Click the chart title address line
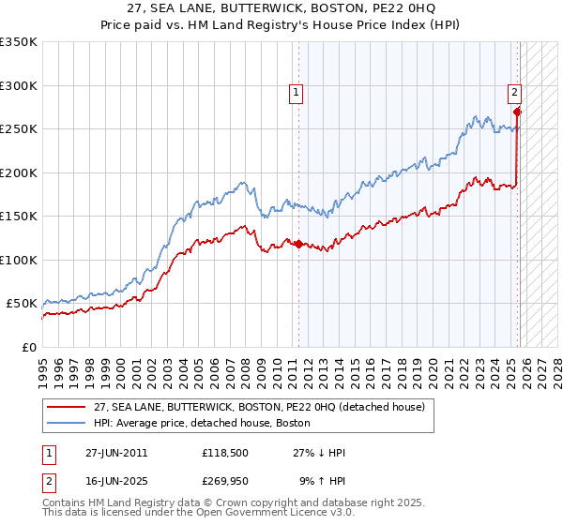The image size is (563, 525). [281, 8]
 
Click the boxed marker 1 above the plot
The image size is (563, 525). [297, 92]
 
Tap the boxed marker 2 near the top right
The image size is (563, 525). [515, 92]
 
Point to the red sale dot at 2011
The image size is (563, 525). [298, 244]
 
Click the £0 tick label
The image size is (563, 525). [28, 347]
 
